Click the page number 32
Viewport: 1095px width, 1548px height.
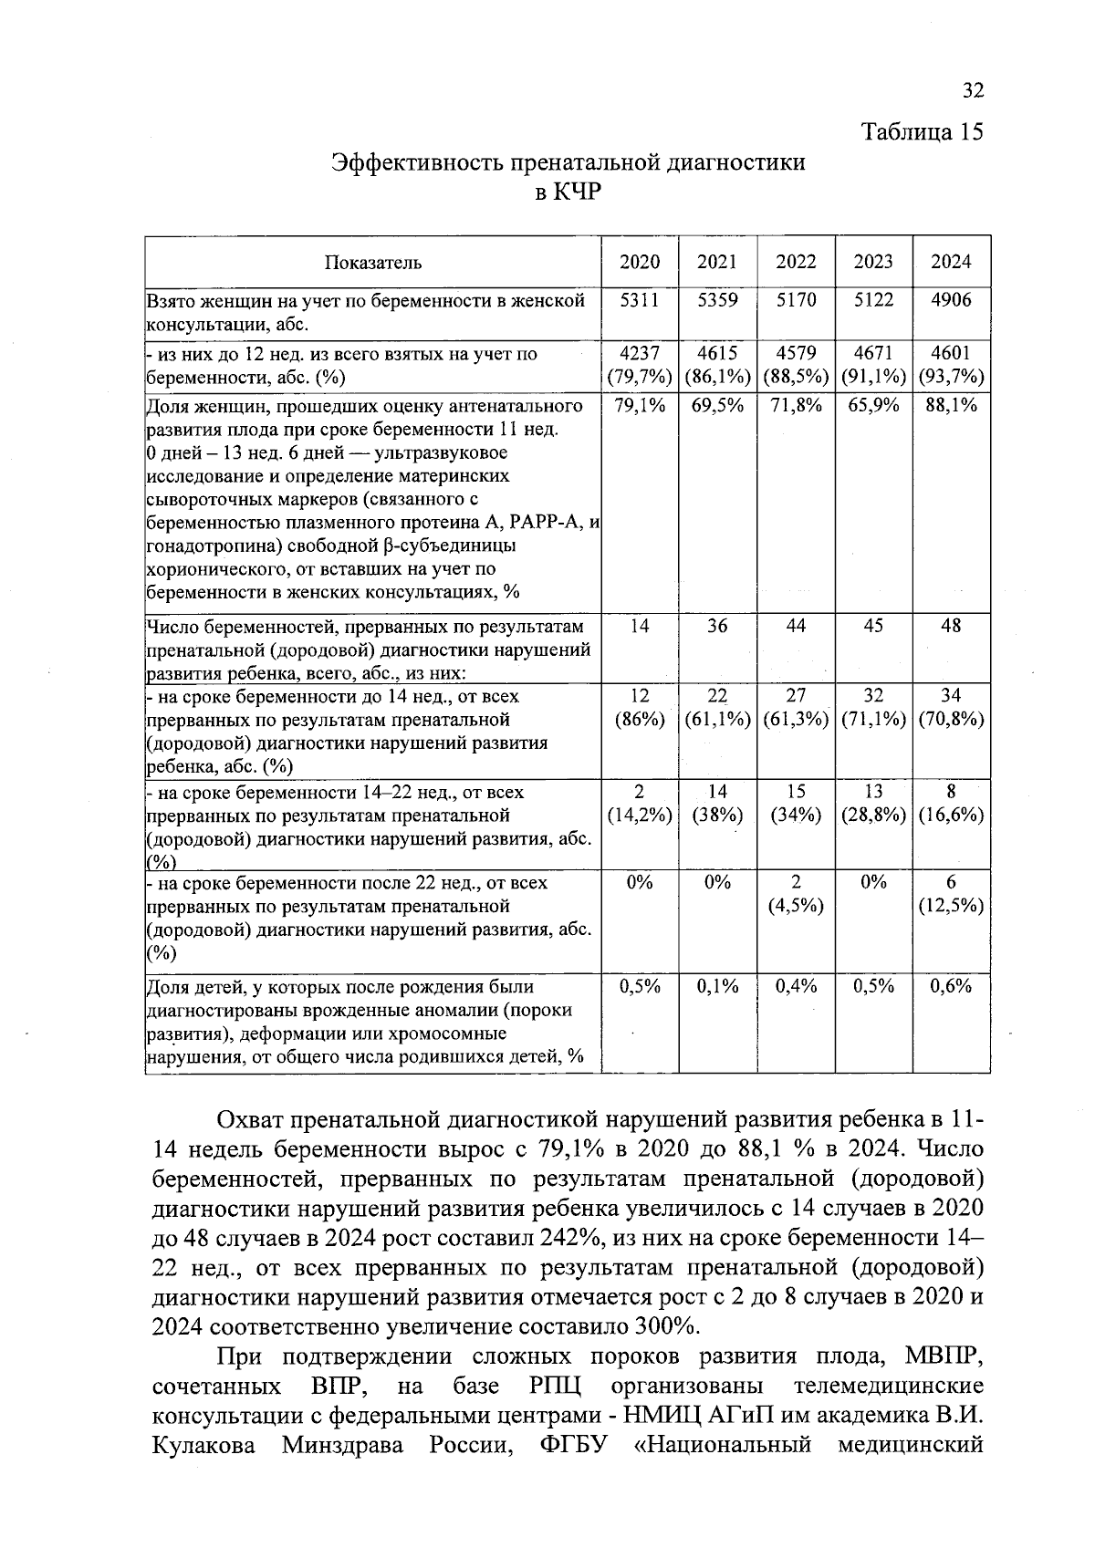coord(973,90)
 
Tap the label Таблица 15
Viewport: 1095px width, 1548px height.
coord(923,132)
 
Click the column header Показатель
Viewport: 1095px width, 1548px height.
coord(372,263)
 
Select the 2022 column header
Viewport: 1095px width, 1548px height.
coord(795,263)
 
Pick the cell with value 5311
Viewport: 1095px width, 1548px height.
coord(639,300)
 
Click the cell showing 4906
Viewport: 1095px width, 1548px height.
coord(951,300)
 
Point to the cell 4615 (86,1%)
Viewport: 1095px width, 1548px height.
coord(716,365)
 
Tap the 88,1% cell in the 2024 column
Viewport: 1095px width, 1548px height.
coord(951,405)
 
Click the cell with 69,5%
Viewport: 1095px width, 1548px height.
coord(716,405)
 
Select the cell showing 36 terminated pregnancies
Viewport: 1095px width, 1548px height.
coord(716,627)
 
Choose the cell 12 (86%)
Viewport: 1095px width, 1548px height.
coord(639,708)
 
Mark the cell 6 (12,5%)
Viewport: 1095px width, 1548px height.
coord(951,894)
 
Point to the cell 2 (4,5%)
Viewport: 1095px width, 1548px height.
coord(795,894)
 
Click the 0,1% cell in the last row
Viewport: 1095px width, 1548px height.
coord(716,987)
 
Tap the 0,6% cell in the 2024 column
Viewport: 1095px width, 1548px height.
coord(951,987)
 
